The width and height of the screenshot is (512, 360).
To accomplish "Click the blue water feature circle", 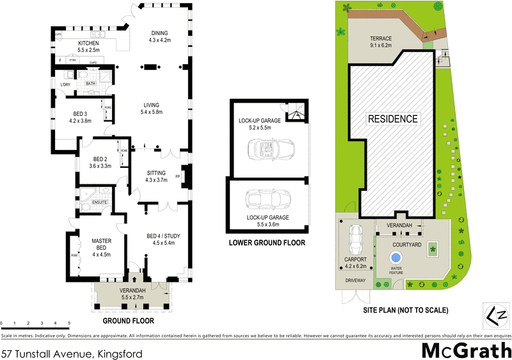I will click(x=394, y=258).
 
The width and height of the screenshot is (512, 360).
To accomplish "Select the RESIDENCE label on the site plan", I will click(x=392, y=119).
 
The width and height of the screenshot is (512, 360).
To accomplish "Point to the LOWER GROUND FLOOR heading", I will click(x=268, y=243).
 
